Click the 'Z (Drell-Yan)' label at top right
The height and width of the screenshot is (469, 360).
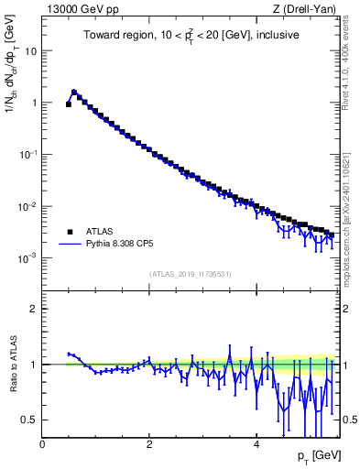tap(306, 9)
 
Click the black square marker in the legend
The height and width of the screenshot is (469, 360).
tap(70, 232)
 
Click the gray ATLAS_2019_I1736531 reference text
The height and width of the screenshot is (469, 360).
tap(190, 274)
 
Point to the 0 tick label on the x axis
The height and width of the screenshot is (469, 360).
tap(42, 444)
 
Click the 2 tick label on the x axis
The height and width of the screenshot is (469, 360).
tap(149, 444)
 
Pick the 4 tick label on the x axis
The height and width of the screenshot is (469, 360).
tap(256, 444)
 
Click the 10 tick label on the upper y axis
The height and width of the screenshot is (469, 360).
tap(30, 51)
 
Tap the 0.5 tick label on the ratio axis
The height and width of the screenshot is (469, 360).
tap(28, 420)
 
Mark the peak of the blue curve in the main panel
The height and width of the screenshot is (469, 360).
tap(74, 92)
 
